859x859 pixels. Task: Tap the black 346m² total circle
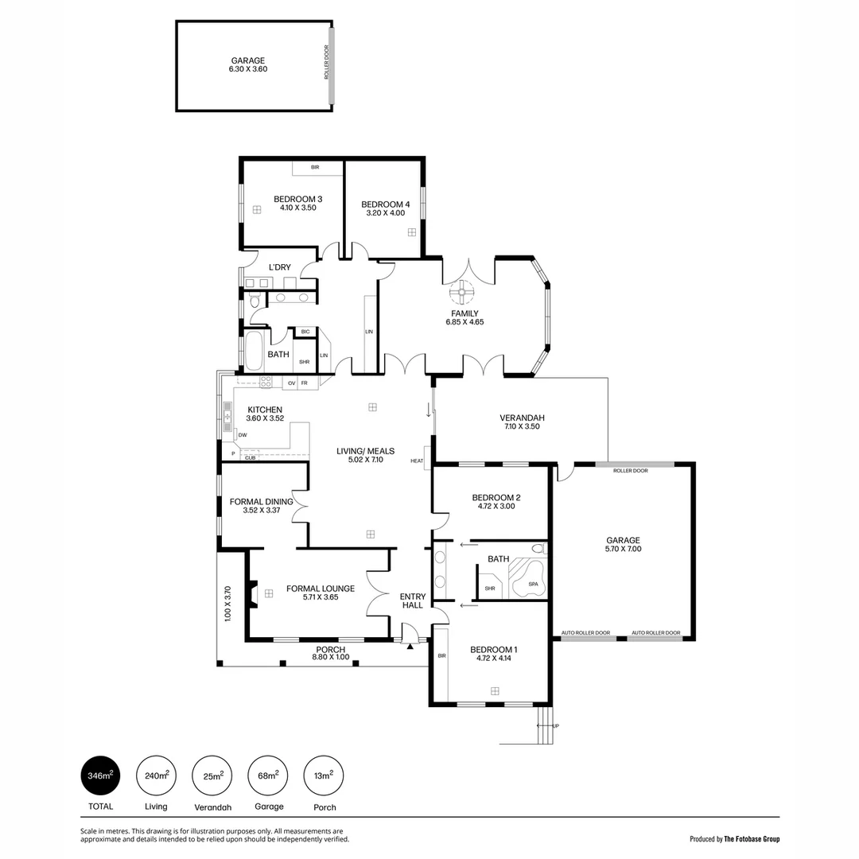pyautogui.click(x=100, y=775)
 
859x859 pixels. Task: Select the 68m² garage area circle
pyautogui.click(x=269, y=775)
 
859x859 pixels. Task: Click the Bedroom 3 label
pyautogui.click(x=297, y=199)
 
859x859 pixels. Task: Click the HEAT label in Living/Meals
pyautogui.click(x=417, y=461)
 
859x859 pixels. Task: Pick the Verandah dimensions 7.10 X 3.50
pyautogui.click(x=522, y=427)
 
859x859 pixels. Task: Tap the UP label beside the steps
pyautogui.click(x=555, y=726)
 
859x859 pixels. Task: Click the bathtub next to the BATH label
pyautogui.click(x=254, y=352)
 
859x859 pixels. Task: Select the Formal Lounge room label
pyautogui.click(x=321, y=589)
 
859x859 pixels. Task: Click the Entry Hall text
pyautogui.click(x=413, y=601)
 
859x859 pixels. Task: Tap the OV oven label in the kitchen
pyautogui.click(x=291, y=383)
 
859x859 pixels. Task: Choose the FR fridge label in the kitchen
pyautogui.click(x=304, y=383)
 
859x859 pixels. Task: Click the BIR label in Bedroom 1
pyautogui.click(x=441, y=656)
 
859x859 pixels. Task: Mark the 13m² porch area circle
pyautogui.click(x=325, y=775)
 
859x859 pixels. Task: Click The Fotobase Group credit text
pyautogui.click(x=752, y=838)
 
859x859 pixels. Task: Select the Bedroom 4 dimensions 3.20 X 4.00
pyautogui.click(x=385, y=212)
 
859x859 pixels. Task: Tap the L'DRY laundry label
pyautogui.click(x=279, y=267)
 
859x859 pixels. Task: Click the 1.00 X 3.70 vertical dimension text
pyautogui.click(x=227, y=603)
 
